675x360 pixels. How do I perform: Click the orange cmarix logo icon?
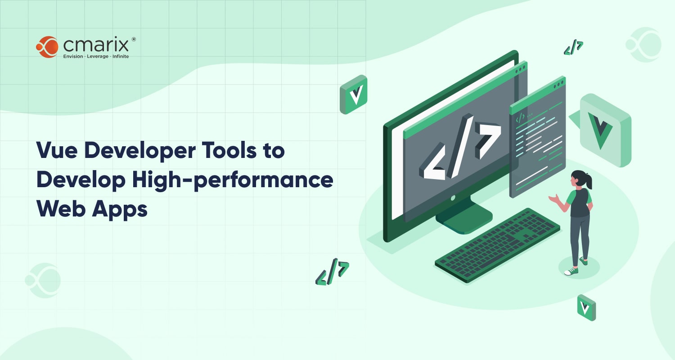pyautogui.click(x=47, y=47)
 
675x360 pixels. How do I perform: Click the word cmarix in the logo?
pyautogui.click(x=96, y=45)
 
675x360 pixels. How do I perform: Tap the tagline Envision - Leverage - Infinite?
pyautogui.click(x=96, y=56)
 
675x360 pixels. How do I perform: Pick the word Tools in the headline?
pyautogui.click(x=229, y=150)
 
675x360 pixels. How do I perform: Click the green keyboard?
pyautogui.click(x=498, y=245)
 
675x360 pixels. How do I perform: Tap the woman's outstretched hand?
pyautogui.click(x=554, y=199)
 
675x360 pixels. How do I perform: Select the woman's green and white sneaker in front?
pyautogui.click(x=571, y=271)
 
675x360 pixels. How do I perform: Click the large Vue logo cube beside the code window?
pyautogui.click(x=605, y=130)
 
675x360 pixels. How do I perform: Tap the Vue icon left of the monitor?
pyautogui.click(x=353, y=94)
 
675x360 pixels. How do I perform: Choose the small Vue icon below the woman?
pyautogui.click(x=586, y=308)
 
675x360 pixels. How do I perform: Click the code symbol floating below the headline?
pyautogui.click(x=332, y=272)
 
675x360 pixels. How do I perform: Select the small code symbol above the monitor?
pyautogui.click(x=573, y=47)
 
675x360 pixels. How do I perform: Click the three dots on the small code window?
pyautogui.click(x=558, y=84)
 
